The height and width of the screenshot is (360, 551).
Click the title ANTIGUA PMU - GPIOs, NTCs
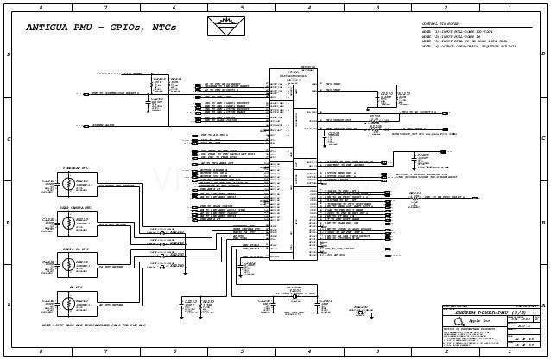coord(101,28)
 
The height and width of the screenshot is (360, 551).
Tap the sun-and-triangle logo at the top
coord(226,25)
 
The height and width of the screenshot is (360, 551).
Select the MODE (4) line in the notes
coord(468,47)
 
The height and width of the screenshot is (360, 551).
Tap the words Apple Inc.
coord(481,321)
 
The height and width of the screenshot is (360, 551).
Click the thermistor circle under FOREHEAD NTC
coord(67,184)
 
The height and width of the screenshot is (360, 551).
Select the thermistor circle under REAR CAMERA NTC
coord(67,224)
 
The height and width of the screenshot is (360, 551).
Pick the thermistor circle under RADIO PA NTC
coord(67,264)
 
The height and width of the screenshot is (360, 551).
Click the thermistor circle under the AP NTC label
coord(67,304)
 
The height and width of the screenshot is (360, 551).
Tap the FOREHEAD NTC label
coord(75,167)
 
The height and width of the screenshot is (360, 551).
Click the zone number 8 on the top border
coord(40,8)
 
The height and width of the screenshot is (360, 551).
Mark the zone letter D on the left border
coord(9,54)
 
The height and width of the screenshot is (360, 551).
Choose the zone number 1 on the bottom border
coord(509,352)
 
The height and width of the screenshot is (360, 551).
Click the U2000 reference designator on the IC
coord(293,73)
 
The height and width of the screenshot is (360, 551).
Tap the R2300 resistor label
coord(415,193)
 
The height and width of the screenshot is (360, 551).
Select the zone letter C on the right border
coord(543,138)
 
